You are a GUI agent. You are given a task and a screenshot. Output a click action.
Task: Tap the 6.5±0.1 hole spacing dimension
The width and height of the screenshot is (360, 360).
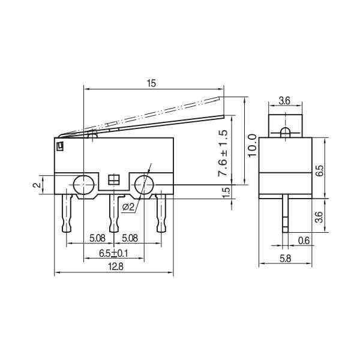click(113, 253)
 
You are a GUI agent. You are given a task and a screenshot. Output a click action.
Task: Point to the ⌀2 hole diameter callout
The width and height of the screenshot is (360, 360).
click(128, 208)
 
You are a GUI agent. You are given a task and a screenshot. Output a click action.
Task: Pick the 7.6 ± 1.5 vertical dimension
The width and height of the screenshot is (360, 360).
click(224, 153)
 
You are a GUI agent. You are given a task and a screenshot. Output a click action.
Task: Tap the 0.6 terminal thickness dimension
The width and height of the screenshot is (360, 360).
click(305, 241)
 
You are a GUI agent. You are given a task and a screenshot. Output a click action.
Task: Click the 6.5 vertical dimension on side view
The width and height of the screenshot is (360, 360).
click(319, 171)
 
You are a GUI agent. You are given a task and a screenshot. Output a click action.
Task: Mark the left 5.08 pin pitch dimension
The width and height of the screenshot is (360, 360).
click(98, 238)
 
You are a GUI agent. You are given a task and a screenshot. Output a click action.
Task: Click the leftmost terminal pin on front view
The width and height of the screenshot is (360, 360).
click(68, 213)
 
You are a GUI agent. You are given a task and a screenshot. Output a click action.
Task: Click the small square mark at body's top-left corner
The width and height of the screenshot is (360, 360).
click(60, 145)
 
